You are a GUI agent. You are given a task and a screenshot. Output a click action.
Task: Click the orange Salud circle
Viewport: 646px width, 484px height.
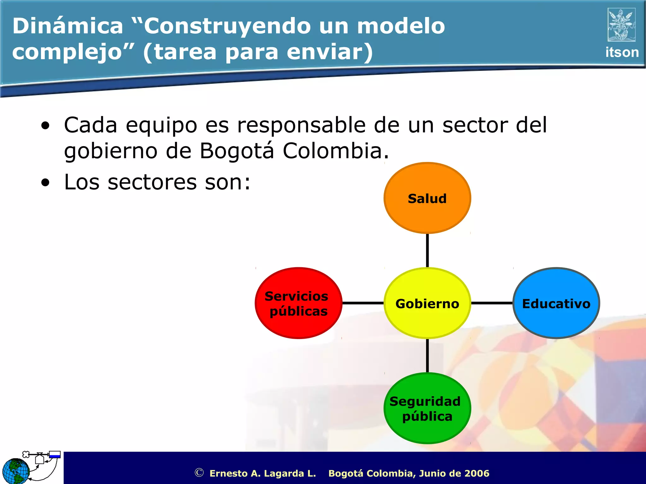click(x=427, y=198)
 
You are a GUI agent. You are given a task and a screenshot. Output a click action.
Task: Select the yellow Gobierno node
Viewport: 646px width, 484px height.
click(x=427, y=303)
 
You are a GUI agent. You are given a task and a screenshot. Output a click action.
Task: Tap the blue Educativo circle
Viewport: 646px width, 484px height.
click(x=556, y=303)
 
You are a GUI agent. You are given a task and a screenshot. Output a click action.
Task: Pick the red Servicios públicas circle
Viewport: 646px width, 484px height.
click(x=298, y=303)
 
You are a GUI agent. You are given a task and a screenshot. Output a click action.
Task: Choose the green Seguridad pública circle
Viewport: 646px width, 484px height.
click(x=427, y=408)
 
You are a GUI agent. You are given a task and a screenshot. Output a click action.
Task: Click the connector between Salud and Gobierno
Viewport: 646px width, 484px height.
click(x=427, y=251)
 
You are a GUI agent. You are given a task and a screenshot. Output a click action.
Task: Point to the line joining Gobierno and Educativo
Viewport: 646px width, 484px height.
click(x=492, y=303)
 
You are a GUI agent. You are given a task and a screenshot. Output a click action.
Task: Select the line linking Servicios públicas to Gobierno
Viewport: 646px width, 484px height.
click(x=363, y=303)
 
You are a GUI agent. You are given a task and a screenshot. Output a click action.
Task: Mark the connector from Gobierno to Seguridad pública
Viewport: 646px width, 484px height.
click(x=427, y=355)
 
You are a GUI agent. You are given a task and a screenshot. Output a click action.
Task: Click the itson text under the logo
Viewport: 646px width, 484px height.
click(x=622, y=52)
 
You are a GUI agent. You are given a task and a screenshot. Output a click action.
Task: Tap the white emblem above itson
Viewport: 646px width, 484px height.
click(x=621, y=25)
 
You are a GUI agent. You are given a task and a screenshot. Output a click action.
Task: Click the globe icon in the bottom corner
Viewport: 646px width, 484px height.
click(x=16, y=471)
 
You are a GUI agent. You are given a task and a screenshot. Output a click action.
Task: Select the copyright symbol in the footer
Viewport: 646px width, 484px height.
click(x=199, y=473)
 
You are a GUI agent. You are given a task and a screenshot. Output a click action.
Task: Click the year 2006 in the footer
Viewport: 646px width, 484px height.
click(x=477, y=473)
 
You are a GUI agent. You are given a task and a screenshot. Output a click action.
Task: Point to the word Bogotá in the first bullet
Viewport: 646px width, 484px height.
click(x=237, y=151)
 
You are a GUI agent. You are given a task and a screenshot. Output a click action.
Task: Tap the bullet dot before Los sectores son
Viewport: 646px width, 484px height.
click(x=45, y=182)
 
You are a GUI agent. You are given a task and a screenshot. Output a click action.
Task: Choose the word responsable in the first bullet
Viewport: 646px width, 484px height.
click(x=301, y=125)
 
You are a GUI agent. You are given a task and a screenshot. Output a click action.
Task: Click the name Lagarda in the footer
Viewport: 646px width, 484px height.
click(x=284, y=473)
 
